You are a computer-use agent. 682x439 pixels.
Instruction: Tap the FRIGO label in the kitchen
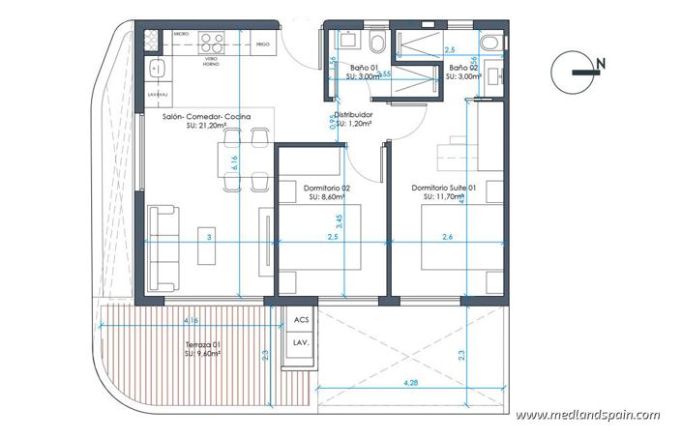coord(262,44)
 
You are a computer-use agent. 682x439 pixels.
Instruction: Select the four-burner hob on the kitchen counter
coord(210,41)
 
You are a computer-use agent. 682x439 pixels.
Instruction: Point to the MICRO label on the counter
coord(180,34)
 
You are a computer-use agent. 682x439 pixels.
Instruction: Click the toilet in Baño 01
coord(376,41)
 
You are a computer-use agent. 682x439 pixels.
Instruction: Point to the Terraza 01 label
coord(204,349)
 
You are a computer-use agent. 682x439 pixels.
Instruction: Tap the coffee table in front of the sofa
coord(208,247)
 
